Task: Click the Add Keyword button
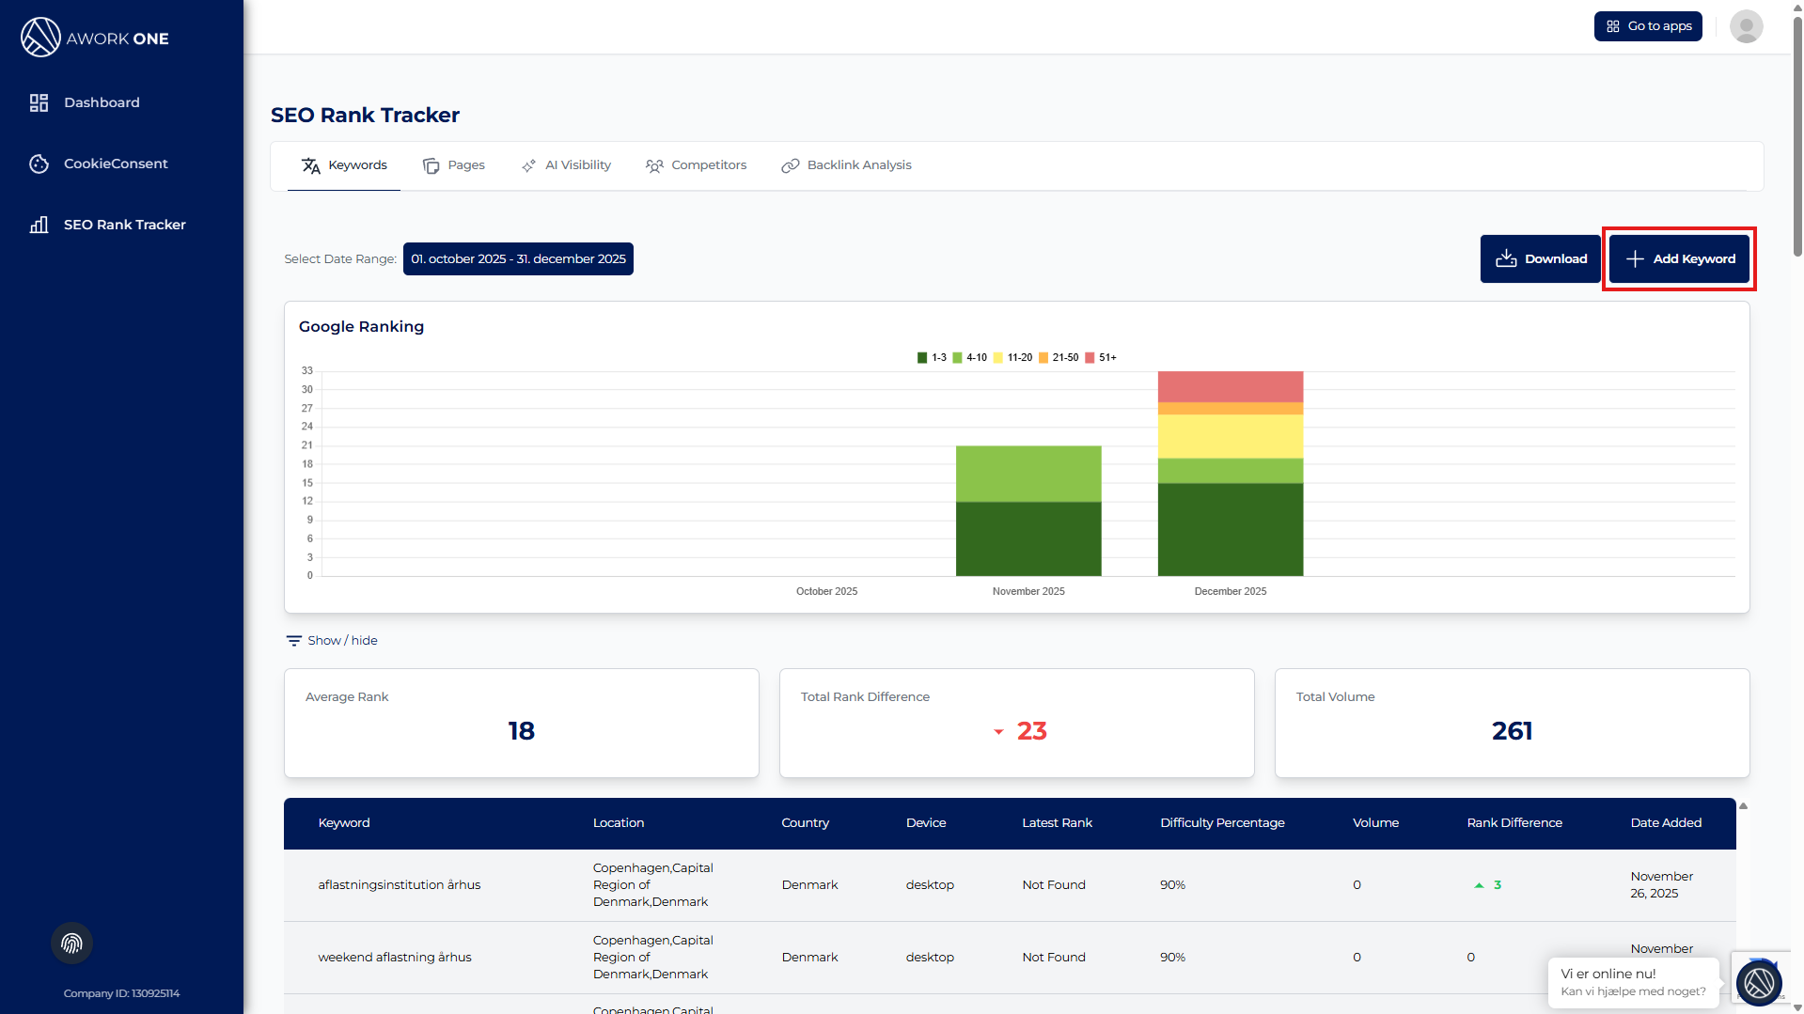(1679, 258)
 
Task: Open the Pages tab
(454, 165)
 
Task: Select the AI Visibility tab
(566, 165)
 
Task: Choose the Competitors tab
(696, 165)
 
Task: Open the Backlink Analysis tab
(846, 165)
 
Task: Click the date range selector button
(518, 258)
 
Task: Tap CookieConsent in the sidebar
(116, 164)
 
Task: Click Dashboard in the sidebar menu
(102, 102)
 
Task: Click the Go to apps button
(1648, 26)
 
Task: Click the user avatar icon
(1746, 26)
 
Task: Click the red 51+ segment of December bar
(1230, 386)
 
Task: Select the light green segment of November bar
(1028, 474)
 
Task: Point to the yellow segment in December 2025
(1230, 436)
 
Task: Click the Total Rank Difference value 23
(1031, 731)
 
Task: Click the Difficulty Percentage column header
(1222, 823)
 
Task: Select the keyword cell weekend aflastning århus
(395, 958)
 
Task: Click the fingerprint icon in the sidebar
(71, 944)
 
